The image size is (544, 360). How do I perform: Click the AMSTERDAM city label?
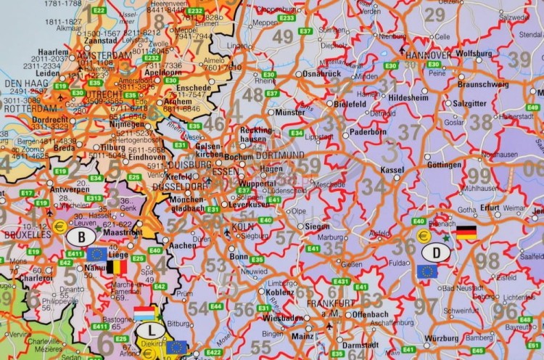[106, 55]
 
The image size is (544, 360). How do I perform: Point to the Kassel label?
[392, 169]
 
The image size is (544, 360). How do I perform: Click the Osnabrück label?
[321, 73]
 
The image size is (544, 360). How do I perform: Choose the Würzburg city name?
[441, 337]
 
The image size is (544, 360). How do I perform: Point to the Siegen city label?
[317, 226]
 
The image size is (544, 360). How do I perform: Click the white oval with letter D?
[436, 253]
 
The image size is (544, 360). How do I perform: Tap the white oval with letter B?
[81, 237]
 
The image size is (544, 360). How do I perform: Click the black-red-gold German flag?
[466, 232]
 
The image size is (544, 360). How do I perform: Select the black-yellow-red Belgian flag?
[116, 267]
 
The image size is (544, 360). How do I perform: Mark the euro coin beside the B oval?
[61, 226]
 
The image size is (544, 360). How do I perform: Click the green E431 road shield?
[340, 281]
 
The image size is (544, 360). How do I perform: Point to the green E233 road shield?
[287, 17]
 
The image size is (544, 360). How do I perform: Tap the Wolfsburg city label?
[474, 53]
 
